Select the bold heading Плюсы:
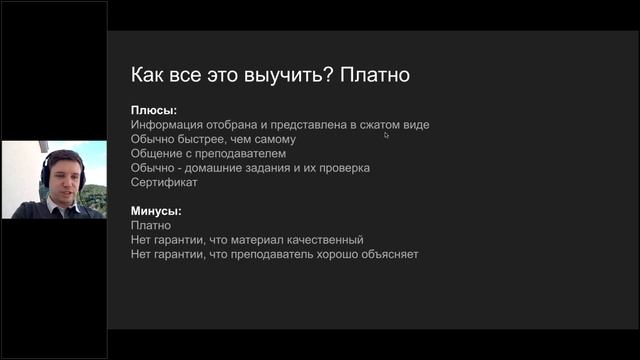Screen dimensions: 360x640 click(x=153, y=110)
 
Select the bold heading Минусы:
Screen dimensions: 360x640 click(x=157, y=211)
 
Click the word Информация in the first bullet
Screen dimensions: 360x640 click(x=165, y=125)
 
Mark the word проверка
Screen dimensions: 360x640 click(x=343, y=168)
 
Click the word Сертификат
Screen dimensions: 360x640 click(x=164, y=183)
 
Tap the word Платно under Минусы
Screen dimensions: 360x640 click(x=151, y=226)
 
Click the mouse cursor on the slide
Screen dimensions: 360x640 click(x=386, y=134)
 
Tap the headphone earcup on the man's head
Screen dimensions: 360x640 click(x=46, y=176)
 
